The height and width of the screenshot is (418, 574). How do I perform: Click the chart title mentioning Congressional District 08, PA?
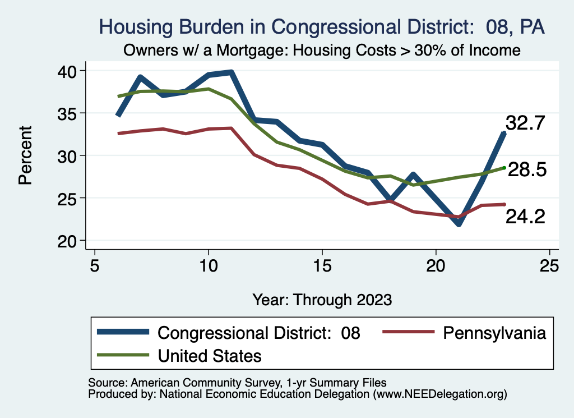point(322,27)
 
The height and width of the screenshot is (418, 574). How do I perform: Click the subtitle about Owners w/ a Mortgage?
point(322,50)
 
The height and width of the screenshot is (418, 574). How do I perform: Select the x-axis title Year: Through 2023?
point(322,299)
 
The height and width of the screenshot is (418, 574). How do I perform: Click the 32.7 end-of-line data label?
point(525,123)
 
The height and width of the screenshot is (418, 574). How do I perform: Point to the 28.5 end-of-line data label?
point(527,170)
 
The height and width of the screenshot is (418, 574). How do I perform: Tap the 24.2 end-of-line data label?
point(525,216)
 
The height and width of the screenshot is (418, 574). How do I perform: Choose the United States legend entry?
point(210,356)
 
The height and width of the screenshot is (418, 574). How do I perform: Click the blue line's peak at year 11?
point(231,72)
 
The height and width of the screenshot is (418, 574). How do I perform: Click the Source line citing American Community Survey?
point(238,383)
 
